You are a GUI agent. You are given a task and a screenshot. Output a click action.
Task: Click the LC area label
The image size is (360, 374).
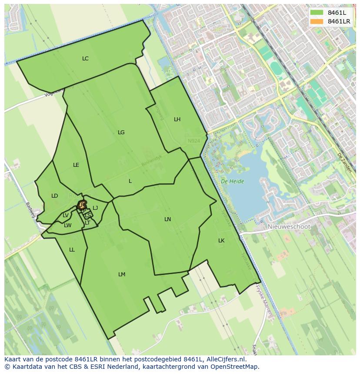(x=85, y=59)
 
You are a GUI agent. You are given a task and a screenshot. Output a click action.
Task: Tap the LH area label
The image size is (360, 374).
(x=177, y=119)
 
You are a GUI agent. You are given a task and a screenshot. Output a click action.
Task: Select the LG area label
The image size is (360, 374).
(x=121, y=132)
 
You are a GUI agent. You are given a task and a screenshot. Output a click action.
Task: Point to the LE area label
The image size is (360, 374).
(x=76, y=165)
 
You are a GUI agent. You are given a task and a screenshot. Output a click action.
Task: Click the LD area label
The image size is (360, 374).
(x=54, y=196)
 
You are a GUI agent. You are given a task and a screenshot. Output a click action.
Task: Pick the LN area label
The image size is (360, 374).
(x=167, y=219)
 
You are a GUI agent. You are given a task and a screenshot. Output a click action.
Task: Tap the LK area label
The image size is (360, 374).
(x=221, y=241)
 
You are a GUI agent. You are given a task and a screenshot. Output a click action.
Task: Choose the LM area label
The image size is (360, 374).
(x=122, y=275)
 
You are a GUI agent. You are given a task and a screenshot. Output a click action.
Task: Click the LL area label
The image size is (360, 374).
(x=72, y=250)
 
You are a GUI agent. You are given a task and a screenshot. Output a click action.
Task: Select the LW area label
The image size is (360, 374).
(x=67, y=225)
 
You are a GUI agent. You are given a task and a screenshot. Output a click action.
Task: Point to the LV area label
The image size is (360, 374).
(x=66, y=215)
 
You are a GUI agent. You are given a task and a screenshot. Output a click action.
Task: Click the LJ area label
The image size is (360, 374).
(x=95, y=208)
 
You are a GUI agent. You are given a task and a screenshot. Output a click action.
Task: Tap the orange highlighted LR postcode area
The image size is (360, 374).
(x=82, y=205)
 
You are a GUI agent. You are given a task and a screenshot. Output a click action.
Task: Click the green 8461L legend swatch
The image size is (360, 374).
(x=317, y=13)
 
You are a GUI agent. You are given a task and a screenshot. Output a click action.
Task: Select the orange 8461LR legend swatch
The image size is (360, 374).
(x=317, y=21)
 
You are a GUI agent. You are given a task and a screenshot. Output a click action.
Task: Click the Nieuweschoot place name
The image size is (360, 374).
(x=289, y=227)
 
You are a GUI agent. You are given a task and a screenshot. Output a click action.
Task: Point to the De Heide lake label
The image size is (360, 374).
(x=232, y=182)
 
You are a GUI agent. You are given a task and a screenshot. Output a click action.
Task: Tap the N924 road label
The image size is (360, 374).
(x=194, y=141)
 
